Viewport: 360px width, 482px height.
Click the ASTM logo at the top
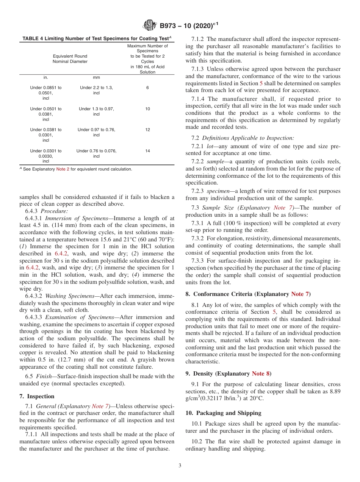tap(149, 26)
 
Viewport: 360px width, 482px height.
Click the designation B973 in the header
tap(169, 26)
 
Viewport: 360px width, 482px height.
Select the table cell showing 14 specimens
tap(147, 151)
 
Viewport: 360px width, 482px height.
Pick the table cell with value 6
tap(147, 88)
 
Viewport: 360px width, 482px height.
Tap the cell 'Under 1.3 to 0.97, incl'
tap(96, 111)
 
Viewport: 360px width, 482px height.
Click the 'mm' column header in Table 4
tap(96, 77)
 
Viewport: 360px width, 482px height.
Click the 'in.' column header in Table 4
tap(45, 77)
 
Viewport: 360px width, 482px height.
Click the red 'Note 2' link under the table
tap(63, 169)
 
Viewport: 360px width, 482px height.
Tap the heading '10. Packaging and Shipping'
tap(223, 413)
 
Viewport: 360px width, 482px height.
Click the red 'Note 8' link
tap(261, 374)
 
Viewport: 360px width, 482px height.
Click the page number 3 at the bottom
tap(180, 466)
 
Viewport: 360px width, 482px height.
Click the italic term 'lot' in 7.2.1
tap(210, 146)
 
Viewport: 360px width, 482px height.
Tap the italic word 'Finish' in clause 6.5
tap(44, 376)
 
